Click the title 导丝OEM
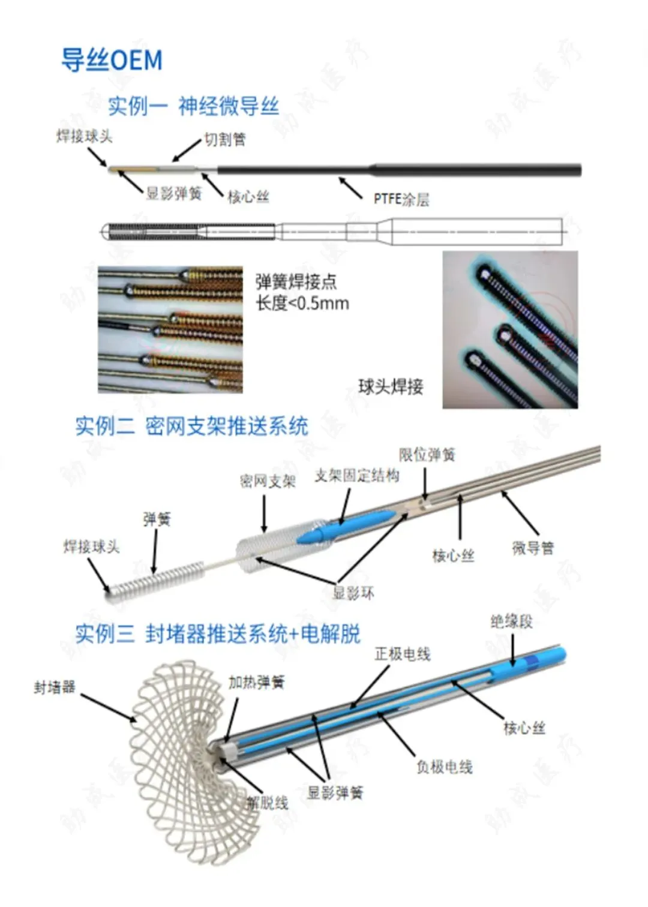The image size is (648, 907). [112, 60]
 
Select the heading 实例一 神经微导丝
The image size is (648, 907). [193, 106]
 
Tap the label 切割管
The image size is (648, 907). [225, 140]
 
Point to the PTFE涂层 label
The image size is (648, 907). [401, 199]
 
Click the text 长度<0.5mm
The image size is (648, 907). [302, 303]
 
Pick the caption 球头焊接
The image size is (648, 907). [391, 386]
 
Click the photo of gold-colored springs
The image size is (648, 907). [170, 330]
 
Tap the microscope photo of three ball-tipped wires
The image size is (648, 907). [510, 330]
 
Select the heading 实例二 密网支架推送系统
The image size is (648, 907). [191, 426]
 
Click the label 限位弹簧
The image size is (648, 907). [427, 455]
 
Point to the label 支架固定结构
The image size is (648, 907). [357, 476]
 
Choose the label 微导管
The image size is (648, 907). [533, 548]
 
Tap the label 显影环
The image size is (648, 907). [353, 593]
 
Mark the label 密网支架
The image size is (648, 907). [268, 481]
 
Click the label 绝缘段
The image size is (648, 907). [511, 621]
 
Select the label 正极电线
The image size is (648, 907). [403, 654]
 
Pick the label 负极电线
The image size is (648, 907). [445, 767]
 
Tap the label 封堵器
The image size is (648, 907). [55, 687]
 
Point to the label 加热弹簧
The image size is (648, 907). [256, 682]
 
